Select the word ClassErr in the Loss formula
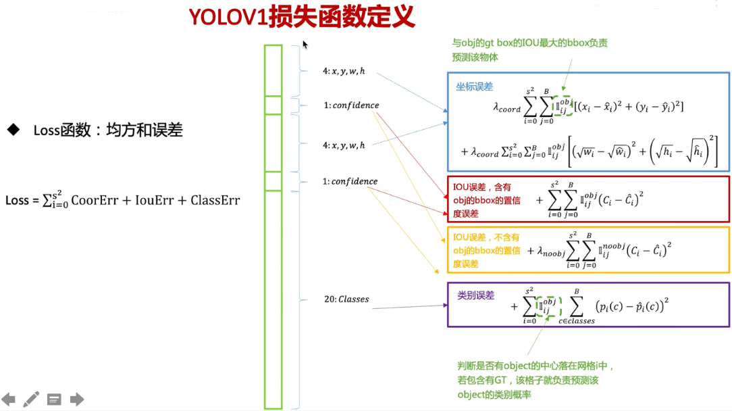tap(215, 200)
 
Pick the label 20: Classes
tap(346, 299)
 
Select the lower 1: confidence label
tap(350, 181)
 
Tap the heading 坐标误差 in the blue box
tap(474, 87)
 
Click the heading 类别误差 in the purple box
tap(475, 295)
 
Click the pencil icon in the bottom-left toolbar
tap(31, 400)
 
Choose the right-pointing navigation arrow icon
tap(77, 400)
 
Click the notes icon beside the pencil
tap(54, 400)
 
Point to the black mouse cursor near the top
tap(305, 45)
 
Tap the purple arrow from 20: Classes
tap(409, 305)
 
